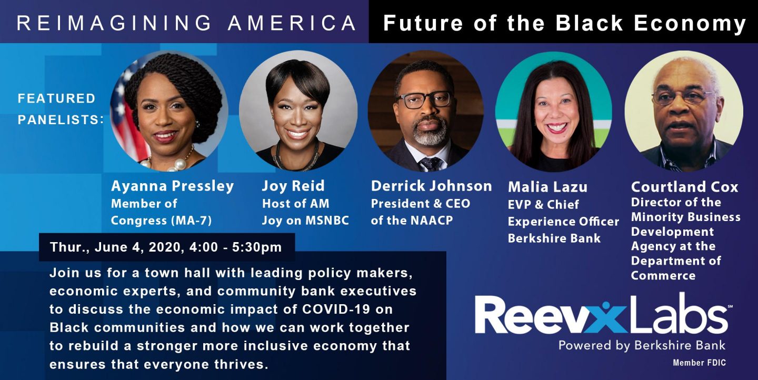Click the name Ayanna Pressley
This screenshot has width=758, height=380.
click(172, 186)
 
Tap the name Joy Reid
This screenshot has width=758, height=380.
click(293, 186)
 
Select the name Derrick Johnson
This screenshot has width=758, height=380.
click(431, 186)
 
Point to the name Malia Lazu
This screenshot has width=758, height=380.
click(547, 187)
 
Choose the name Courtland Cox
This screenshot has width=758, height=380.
click(684, 187)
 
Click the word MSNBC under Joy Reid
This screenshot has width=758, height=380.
click(327, 221)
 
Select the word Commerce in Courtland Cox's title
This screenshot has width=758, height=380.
click(663, 275)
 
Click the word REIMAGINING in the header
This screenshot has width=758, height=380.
click(114, 23)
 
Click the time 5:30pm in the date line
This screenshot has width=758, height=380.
click(257, 247)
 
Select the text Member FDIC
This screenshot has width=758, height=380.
click(699, 363)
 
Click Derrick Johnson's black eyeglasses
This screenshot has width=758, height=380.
click(423, 100)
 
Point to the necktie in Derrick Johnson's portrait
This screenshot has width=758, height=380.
click(431, 164)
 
